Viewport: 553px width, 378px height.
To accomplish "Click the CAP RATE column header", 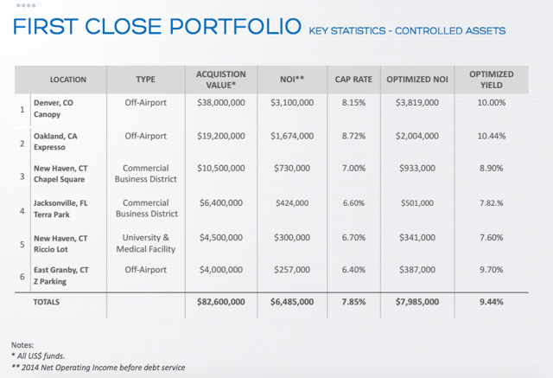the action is [353, 80].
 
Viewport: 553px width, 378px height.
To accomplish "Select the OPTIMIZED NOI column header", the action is [417, 80].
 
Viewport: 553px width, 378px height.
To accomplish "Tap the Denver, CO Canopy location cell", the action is [54, 108].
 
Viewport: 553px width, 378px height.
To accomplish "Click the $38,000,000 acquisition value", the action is [221, 103].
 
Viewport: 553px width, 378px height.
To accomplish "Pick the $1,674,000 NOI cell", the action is [292, 136].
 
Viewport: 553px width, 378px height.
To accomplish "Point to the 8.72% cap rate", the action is [353, 136].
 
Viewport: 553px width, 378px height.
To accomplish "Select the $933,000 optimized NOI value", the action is [417, 168].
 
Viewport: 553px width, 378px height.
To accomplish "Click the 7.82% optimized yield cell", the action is [492, 203].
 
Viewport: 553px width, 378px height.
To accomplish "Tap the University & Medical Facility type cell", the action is [146, 243].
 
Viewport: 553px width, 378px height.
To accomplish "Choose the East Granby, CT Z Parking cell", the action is [61, 276].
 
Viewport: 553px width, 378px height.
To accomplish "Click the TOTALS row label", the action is [46, 302].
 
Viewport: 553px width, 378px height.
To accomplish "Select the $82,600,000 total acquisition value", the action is [221, 302].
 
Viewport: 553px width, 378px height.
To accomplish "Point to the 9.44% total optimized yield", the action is [492, 302].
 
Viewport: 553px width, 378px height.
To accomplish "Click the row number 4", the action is [22, 211].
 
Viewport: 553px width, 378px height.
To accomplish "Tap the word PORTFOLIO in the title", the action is [235, 27].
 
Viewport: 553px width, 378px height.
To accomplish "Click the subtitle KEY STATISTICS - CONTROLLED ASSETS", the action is [407, 31].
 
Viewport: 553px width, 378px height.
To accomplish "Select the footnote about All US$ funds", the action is [38, 356].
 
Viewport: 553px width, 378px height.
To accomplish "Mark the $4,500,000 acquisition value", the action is [221, 238].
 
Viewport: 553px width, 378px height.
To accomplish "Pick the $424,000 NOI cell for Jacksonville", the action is [292, 203].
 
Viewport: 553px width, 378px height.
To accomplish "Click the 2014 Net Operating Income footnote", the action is [98, 368].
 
